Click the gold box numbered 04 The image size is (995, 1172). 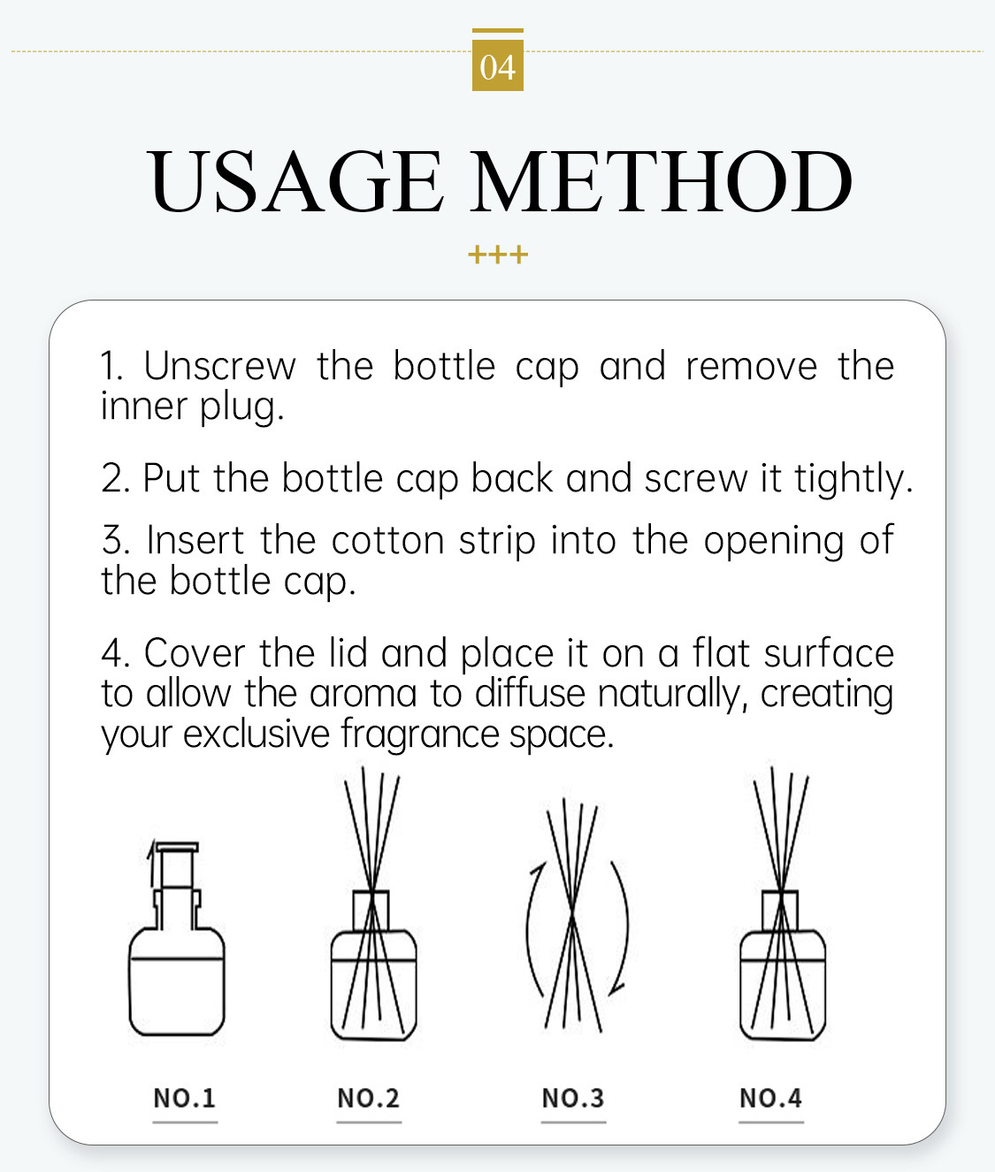click(x=497, y=65)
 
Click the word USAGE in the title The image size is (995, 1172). click(x=295, y=181)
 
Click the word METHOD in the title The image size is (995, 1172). click(x=662, y=181)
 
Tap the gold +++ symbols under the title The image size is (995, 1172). click(x=497, y=254)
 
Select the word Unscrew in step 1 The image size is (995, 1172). click(x=220, y=366)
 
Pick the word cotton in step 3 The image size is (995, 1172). click(x=387, y=540)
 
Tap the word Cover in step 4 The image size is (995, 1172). click(x=195, y=653)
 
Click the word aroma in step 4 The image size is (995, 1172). click(x=363, y=694)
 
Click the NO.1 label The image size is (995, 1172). click(x=184, y=1098)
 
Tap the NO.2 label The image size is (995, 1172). click(x=368, y=1098)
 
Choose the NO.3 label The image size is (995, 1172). click(x=573, y=1098)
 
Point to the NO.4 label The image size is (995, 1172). click(x=770, y=1098)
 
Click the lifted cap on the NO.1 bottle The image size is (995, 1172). click(x=178, y=864)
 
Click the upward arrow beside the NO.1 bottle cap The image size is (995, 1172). click(x=151, y=864)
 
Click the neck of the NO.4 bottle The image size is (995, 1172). click(x=780, y=910)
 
